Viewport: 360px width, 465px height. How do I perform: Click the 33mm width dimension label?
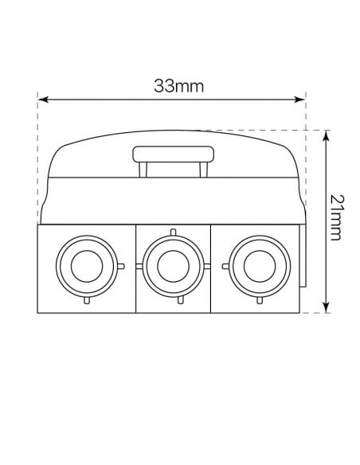(x=179, y=86)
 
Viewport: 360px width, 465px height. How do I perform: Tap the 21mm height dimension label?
(x=337, y=217)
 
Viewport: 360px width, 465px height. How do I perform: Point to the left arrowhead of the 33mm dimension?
(x=43, y=100)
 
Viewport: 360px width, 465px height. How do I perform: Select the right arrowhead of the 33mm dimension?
(x=299, y=100)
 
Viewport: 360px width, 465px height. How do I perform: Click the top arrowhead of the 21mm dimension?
(x=327, y=136)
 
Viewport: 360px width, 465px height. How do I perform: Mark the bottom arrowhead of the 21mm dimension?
(x=327, y=307)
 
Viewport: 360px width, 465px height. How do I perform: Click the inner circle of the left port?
(x=87, y=266)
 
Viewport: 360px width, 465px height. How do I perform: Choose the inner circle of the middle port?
(x=173, y=266)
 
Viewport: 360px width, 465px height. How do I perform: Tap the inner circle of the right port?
(x=260, y=266)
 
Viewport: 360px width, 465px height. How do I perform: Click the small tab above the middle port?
(x=173, y=232)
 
